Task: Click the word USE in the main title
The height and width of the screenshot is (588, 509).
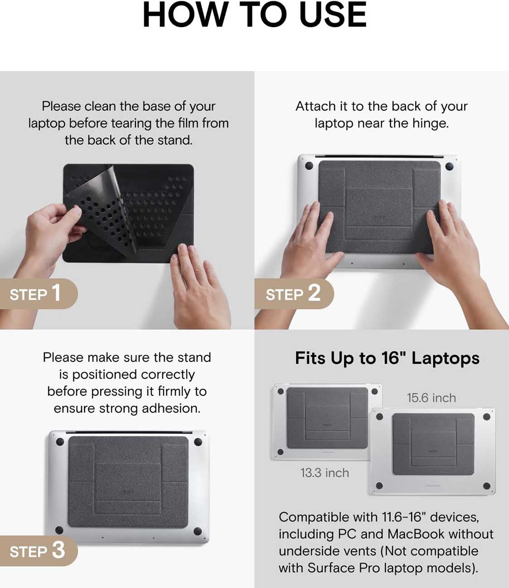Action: (333, 15)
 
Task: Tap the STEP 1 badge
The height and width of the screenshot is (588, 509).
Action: (38, 294)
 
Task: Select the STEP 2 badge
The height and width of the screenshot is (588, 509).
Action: (294, 294)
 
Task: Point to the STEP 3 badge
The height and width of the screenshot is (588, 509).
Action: (38, 551)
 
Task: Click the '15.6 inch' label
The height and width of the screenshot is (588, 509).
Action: (431, 398)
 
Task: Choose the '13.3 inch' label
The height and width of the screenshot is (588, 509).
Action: (325, 473)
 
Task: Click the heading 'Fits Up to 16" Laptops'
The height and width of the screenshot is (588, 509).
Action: (387, 358)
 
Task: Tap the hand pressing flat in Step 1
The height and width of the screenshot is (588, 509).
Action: (199, 287)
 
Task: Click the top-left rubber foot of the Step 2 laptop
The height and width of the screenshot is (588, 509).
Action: (309, 166)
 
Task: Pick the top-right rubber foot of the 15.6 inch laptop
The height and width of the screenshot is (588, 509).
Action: (487, 417)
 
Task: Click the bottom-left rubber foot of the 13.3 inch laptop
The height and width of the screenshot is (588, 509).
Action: (281, 452)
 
